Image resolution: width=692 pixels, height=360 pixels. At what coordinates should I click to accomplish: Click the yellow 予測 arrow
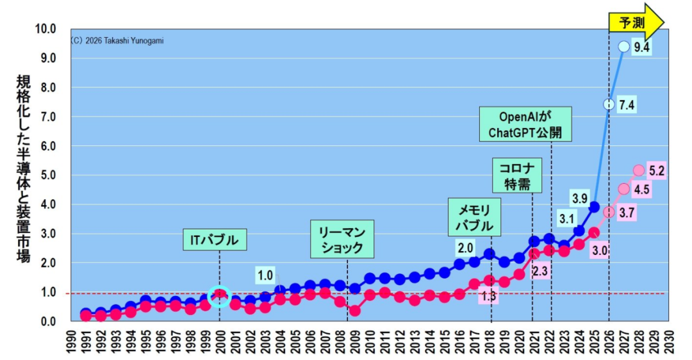tap(636, 22)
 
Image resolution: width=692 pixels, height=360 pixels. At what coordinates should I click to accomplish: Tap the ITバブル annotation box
tap(215, 240)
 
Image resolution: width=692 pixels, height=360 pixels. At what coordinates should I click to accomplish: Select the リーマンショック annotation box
tap(342, 239)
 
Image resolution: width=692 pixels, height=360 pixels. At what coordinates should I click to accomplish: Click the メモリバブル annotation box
tap(474, 217)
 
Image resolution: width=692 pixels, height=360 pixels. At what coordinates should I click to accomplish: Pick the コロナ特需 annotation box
tap(517, 175)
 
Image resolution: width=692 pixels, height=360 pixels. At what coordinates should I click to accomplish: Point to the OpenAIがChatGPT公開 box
tap(525, 124)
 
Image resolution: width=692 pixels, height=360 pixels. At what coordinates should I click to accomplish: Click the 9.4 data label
tap(641, 47)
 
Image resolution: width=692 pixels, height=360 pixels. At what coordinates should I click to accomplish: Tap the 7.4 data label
tap(626, 105)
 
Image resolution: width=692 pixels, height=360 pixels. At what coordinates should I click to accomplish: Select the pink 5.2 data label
tap(656, 171)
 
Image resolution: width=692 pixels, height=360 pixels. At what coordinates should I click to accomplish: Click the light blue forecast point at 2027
tap(623, 46)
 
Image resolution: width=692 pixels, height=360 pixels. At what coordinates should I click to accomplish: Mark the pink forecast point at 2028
tap(639, 170)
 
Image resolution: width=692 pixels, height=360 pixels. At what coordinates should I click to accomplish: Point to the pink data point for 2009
tap(354, 311)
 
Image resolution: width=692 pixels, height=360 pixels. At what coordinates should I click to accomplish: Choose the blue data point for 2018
tap(489, 254)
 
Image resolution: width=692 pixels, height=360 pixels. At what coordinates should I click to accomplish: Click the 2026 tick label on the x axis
tap(609, 342)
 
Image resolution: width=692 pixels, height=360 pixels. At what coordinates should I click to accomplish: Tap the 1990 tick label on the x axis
tap(71, 342)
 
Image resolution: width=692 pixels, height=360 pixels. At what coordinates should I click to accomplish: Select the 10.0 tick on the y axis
tap(45, 29)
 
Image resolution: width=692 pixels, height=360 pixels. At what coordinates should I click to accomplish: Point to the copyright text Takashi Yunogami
tap(134, 40)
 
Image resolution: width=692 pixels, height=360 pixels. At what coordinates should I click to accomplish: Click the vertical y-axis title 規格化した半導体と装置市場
tap(24, 169)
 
